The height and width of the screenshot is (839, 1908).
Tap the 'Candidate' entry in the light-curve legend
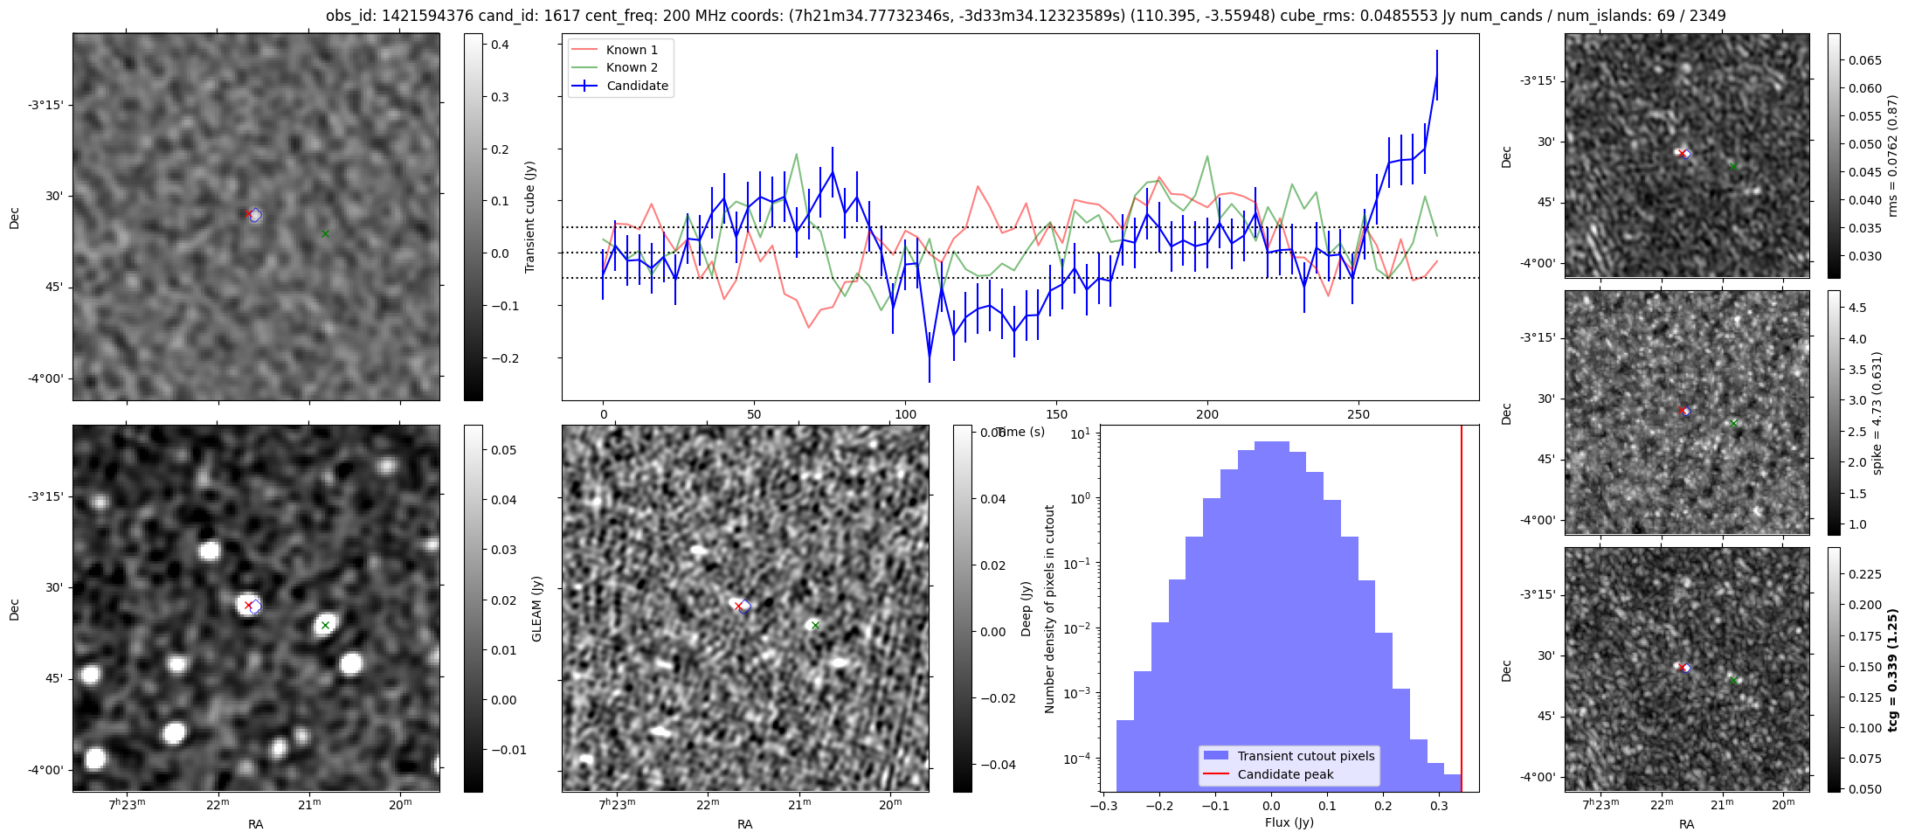[637, 86]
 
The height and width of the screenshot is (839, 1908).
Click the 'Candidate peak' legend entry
[1285, 774]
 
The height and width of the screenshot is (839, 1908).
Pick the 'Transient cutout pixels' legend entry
[1305, 756]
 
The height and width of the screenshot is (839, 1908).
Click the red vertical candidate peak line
[1462, 612]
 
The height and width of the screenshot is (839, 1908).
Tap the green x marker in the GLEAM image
[325, 625]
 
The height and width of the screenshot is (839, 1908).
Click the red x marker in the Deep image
[738, 606]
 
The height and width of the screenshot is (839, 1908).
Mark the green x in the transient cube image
[325, 233]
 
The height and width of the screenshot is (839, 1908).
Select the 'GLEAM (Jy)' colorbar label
[536, 608]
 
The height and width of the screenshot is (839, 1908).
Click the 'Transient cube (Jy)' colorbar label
[530, 217]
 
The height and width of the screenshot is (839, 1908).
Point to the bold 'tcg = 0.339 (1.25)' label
[1892, 669]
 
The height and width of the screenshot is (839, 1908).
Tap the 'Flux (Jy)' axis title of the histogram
[1289, 822]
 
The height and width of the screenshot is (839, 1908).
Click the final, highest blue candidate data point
[1437, 75]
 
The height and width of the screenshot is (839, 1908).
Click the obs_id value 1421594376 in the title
[421, 16]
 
